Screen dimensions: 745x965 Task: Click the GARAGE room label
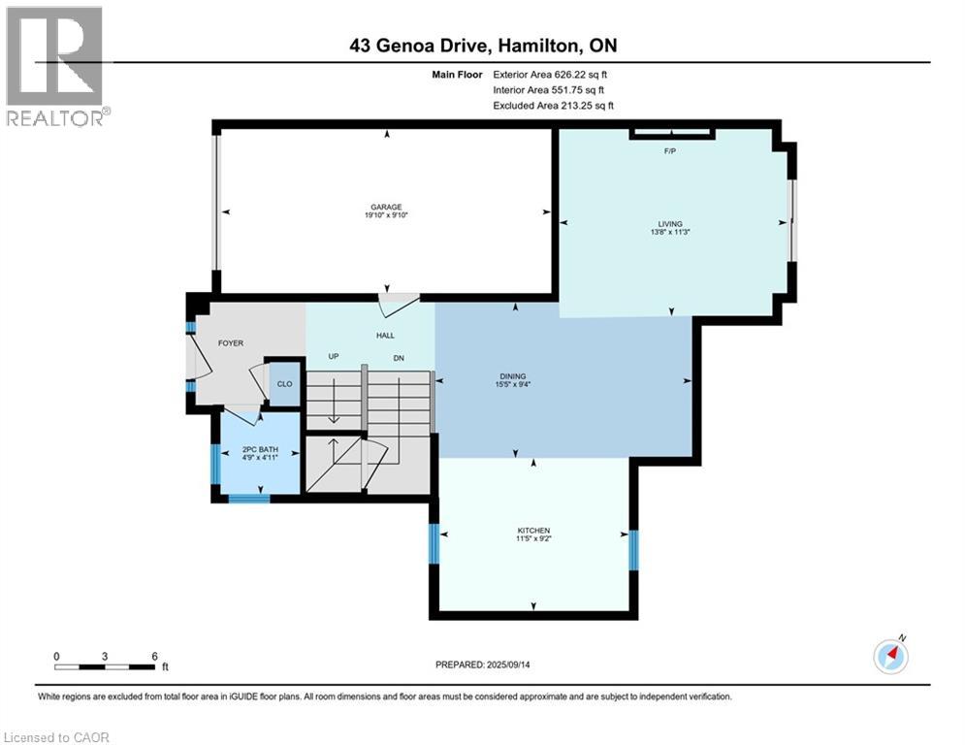(x=385, y=207)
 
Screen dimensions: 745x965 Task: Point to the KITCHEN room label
(x=533, y=531)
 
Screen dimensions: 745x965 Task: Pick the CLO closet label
(x=284, y=384)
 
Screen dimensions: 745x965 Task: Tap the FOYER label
(x=230, y=343)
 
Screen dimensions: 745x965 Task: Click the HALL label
(x=385, y=335)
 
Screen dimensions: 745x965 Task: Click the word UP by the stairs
(x=333, y=357)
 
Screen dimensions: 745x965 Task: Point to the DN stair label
(x=398, y=357)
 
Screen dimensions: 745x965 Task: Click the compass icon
(x=889, y=656)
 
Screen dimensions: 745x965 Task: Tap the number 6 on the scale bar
(x=154, y=656)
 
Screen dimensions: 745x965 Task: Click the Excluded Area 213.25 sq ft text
(x=554, y=106)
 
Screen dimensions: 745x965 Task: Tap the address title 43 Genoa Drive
(x=482, y=46)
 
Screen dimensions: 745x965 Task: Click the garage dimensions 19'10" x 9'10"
(x=385, y=216)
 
